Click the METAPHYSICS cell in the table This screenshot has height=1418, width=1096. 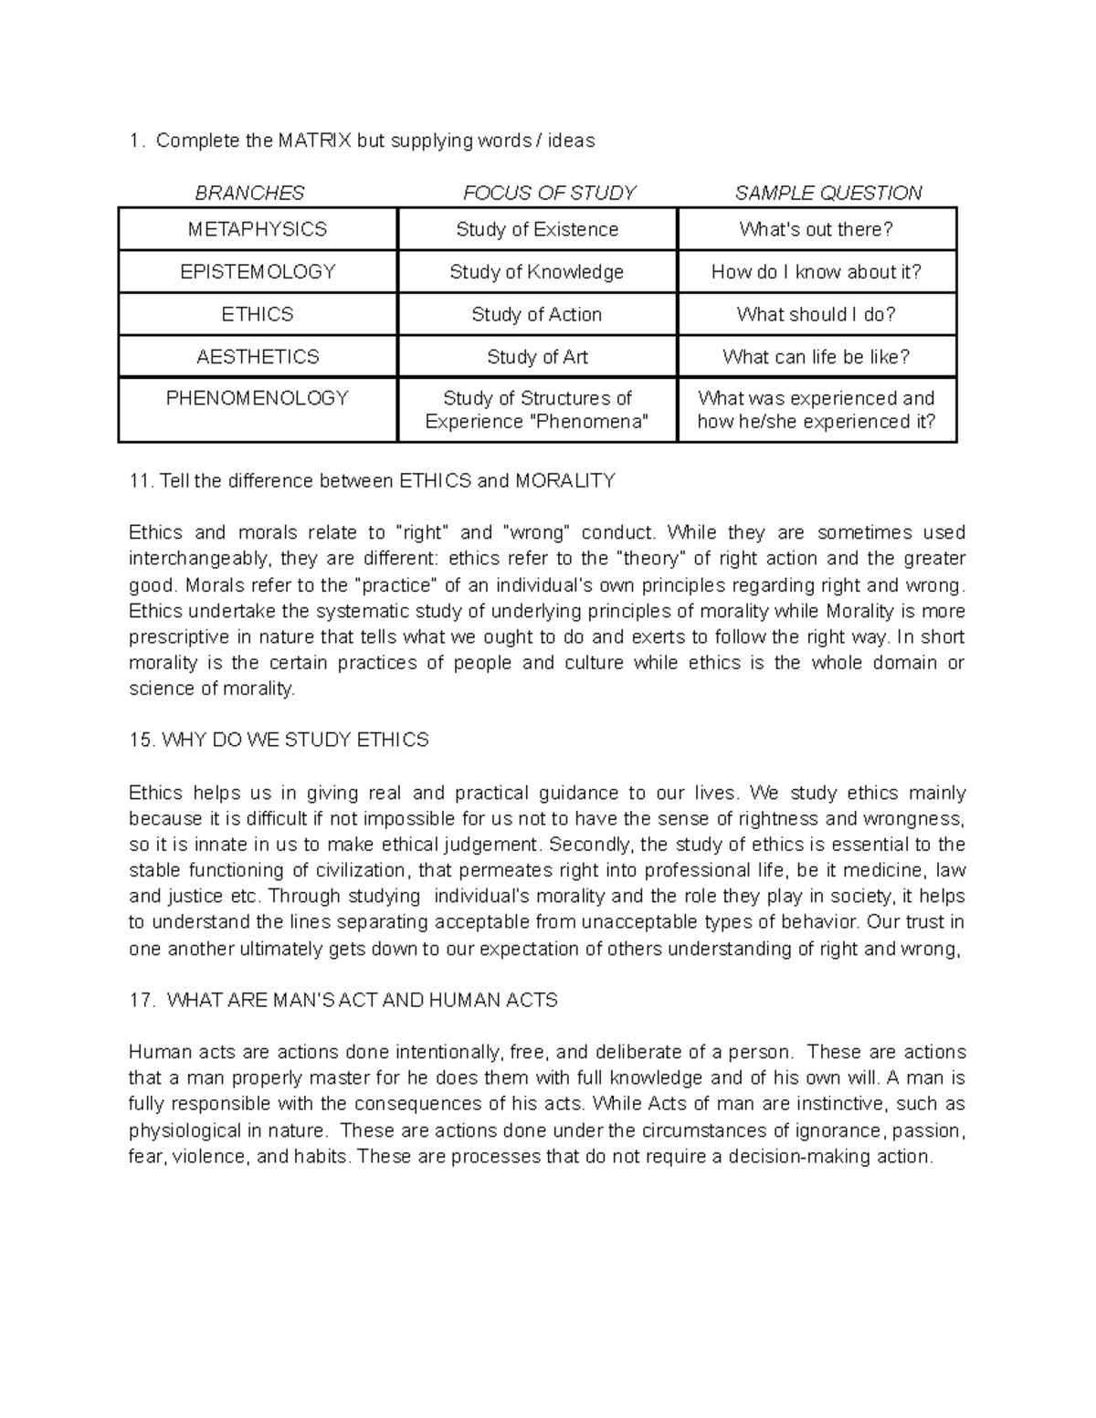(x=258, y=229)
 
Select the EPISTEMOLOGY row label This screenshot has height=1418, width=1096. (x=258, y=272)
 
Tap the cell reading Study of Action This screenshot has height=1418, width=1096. (x=537, y=315)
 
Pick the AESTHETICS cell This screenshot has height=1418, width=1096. (x=258, y=357)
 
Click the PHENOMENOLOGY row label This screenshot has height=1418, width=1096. (x=258, y=398)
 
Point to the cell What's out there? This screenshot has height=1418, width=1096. (x=817, y=229)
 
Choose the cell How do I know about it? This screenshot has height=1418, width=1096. (x=817, y=272)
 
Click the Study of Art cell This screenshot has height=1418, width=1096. (x=537, y=357)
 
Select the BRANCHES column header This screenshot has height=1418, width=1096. (x=249, y=193)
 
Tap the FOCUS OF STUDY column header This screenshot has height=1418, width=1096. (x=549, y=193)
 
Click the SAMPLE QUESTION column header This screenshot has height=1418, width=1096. (x=828, y=193)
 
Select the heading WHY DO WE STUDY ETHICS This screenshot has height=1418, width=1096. (x=294, y=741)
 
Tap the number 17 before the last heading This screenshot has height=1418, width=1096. (x=141, y=1001)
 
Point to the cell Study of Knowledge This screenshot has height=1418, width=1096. (x=537, y=272)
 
